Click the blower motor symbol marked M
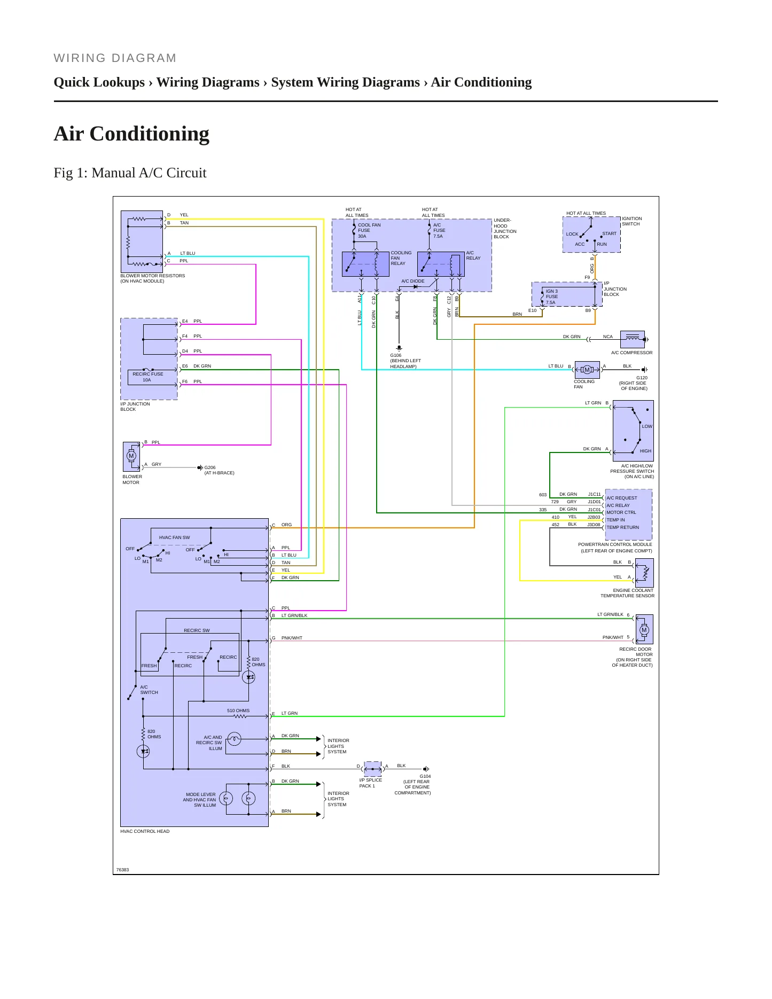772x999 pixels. click(131, 456)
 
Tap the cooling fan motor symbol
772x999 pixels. click(587, 370)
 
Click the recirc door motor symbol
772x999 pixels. click(644, 629)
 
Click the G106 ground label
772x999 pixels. click(396, 355)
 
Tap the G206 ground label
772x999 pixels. click(210, 467)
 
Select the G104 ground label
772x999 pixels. click(425, 776)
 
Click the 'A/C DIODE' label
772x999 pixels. click(413, 281)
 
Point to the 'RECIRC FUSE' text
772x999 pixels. click(148, 374)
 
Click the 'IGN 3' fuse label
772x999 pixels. click(551, 291)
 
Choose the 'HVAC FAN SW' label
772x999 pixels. click(174, 537)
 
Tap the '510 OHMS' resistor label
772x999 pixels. click(238, 711)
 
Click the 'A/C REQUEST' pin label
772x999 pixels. click(622, 498)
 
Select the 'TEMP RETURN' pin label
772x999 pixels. click(622, 527)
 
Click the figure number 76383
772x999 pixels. click(122, 870)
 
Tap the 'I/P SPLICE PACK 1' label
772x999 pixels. click(371, 783)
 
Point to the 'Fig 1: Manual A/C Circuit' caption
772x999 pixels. click(130, 173)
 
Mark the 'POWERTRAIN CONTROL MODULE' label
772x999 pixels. click(615, 544)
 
